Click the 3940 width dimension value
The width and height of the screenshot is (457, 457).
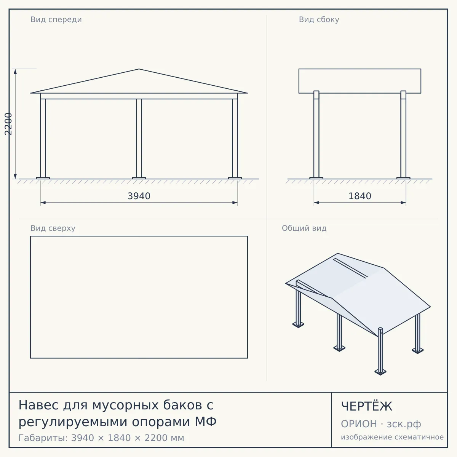click(139, 196)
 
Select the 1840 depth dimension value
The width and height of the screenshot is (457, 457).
click(360, 196)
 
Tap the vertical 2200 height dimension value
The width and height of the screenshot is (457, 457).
click(8, 124)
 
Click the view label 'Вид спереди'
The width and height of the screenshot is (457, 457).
click(56, 19)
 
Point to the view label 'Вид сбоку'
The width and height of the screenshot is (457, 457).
click(319, 19)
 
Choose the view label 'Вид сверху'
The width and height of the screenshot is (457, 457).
click(53, 228)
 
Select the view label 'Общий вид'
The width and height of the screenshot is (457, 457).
click(304, 228)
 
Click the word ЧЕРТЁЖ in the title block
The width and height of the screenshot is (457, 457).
click(367, 406)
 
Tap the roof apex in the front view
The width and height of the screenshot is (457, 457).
click(139, 69)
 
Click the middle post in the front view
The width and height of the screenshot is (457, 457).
click(139, 138)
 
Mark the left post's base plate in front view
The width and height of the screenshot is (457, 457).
click(43, 178)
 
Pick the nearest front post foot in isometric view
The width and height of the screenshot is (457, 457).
click(380, 372)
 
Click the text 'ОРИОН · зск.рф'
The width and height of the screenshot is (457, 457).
click(381, 424)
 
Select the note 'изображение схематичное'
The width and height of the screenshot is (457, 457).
click(392, 437)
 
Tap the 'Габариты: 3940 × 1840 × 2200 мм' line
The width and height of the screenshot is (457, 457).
click(101, 438)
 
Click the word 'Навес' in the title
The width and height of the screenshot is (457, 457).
click(38, 405)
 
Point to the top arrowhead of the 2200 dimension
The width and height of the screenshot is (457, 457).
click(15, 71)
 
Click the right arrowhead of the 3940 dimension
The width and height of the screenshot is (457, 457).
click(235, 203)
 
